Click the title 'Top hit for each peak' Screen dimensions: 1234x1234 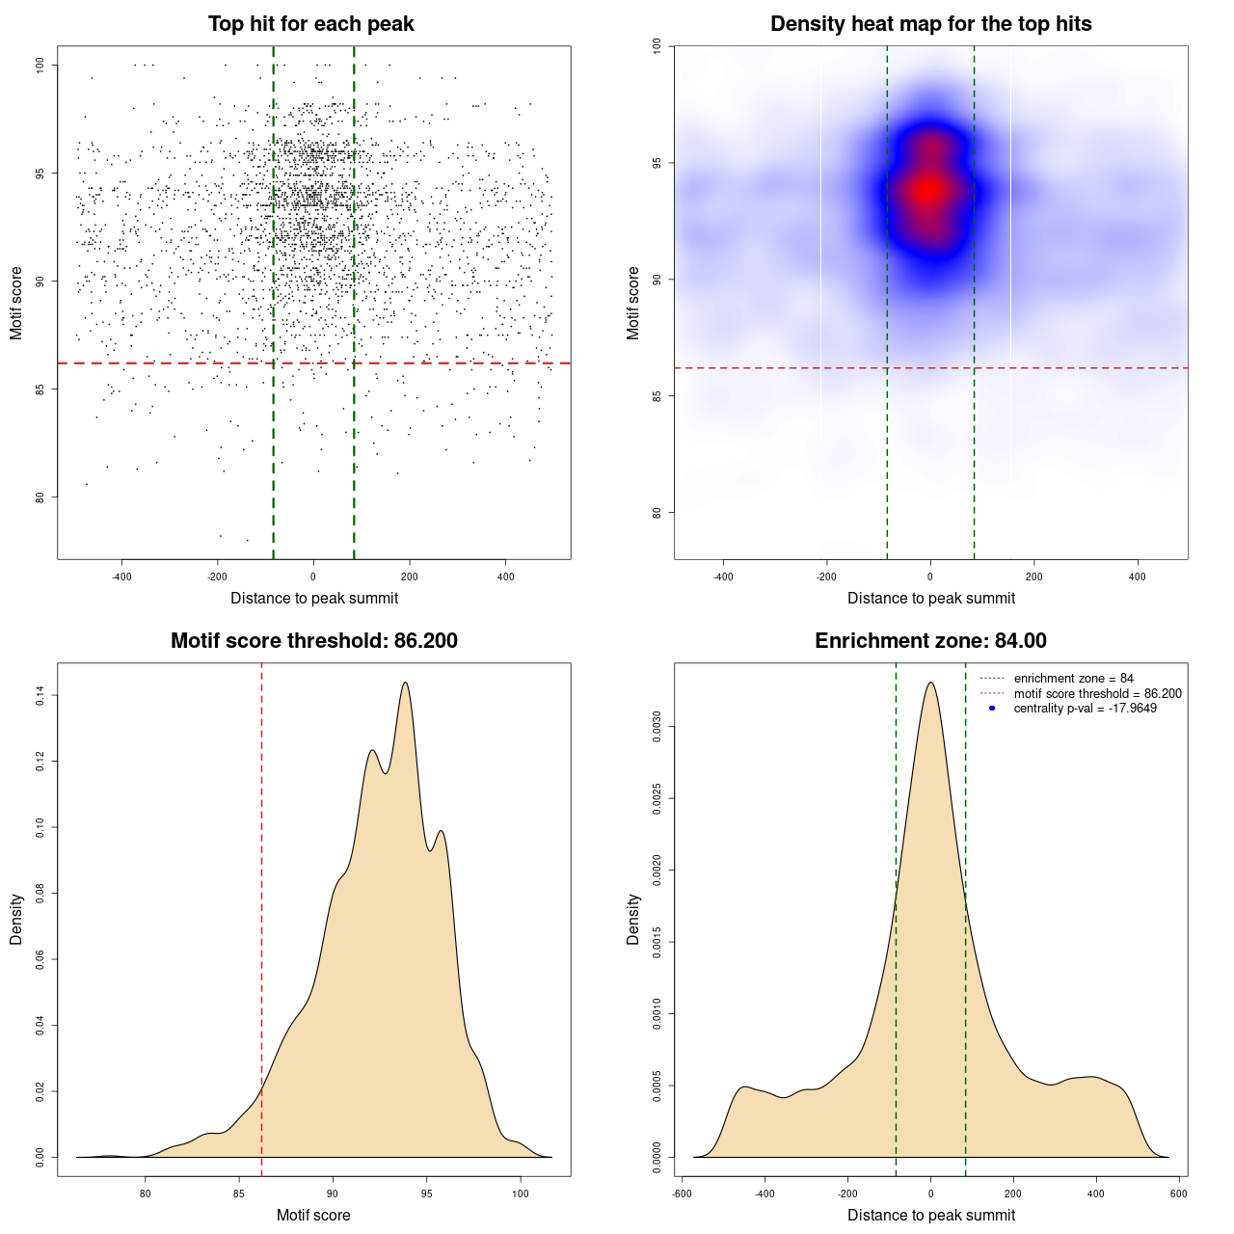pyautogui.click(x=310, y=24)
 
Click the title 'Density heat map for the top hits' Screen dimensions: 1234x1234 pyautogui.click(x=930, y=24)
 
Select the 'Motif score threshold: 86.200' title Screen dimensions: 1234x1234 pyautogui.click(x=313, y=641)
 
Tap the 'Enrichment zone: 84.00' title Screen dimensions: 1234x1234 pyautogui.click(x=930, y=641)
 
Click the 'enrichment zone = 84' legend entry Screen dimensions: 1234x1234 pyautogui.click(x=1073, y=679)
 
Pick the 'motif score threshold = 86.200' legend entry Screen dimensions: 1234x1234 pyautogui.click(x=1097, y=694)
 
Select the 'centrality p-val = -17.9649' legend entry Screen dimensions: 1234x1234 pyautogui.click(x=1085, y=709)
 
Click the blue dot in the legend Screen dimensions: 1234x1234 pyautogui.click(x=992, y=709)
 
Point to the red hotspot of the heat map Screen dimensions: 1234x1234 pyautogui.click(x=928, y=190)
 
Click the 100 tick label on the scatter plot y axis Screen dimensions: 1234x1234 pyautogui.click(x=40, y=65)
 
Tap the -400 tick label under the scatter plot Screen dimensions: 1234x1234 pyautogui.click(x=121, y=577)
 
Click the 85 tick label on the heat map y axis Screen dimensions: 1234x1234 pyautogui.click(x=657, y=396)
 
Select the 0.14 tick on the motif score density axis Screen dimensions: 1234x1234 pyautogui.click(x=40, y=695)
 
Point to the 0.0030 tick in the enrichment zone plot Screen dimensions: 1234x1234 pyautogui.click(x=657, y=727)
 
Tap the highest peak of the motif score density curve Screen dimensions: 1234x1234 pyautogui.click(x=405, y=683)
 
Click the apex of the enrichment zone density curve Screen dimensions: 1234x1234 pyautogui.click(x=930, y=683)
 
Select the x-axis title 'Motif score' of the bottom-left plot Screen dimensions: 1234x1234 pyautogui.click(x=313, y=1215)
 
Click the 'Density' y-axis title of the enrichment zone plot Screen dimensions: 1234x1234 pyautogui.click(x=633, y=919)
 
